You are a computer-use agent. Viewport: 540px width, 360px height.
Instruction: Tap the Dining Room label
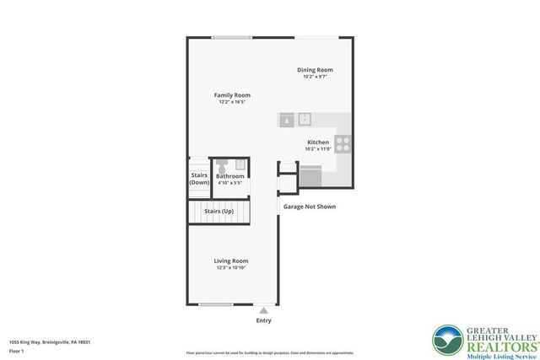coord(315,69)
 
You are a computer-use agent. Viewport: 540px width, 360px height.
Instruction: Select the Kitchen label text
coord(317,142)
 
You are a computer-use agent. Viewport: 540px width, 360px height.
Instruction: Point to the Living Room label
coord(230,261)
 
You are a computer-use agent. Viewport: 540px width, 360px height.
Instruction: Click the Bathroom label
coord(229,176)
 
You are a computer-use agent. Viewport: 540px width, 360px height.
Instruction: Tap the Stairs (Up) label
coord(219,211)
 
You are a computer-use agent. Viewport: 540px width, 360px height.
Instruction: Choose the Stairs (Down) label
coord(199,179)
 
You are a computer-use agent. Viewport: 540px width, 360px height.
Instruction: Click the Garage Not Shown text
coord(309,206)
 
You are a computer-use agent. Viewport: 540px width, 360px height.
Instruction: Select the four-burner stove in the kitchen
coord(343,143)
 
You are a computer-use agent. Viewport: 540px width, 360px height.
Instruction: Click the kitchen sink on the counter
coord(305,120)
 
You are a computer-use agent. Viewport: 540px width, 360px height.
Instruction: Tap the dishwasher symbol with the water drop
coord(287,120)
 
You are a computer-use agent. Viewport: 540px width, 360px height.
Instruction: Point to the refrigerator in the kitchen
coord(310,176)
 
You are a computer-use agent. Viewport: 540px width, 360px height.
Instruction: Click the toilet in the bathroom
coord(223,164)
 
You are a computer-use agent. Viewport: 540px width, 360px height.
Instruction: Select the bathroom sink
coord(240,164)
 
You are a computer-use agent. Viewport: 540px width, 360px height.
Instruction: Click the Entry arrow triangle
coord(264,310)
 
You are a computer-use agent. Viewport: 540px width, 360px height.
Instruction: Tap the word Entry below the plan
coord(264,320)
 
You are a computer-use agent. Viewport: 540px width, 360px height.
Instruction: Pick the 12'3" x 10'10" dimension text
coord(230,268)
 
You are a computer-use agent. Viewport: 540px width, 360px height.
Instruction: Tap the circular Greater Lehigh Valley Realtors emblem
coord(447,340)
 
